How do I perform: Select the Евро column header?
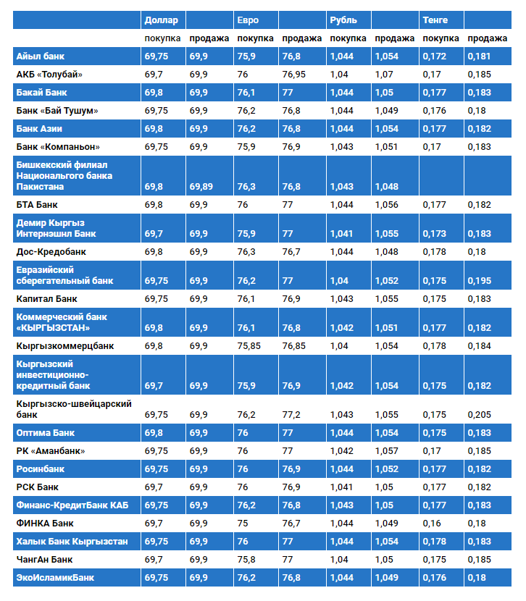click(x=248, y=20)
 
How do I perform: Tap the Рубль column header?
click(x=342, y=20)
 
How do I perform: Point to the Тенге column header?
click(x=435, y=20)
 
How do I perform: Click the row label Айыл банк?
click(x=41, y=56)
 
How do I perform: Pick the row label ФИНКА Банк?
click(x=45, y=524)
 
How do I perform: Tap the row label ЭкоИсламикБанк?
click(x=55, y=578)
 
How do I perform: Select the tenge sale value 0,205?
click(x=480, y=415)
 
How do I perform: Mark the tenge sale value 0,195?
click(x=480, y=281)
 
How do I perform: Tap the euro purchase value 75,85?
click(x=249, y=346)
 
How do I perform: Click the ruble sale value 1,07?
click(x=385, y=75)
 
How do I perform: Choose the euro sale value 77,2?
click(x=292, y=415)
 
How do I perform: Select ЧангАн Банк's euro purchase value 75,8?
click(x=246, y=560)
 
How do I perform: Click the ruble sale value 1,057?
click(x=387, y=451)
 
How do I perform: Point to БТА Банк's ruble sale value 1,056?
click(x=387, y=205)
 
